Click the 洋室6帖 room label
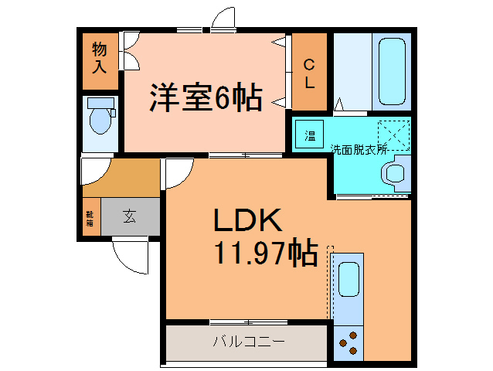pos(206,97)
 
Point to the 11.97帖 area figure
pos(265,253)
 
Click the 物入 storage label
pos(100,58)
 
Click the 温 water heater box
pos(310,136)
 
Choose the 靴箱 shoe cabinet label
pos(90,218)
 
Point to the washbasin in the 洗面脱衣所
pos(397,173)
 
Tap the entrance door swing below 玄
pos(129,254)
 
